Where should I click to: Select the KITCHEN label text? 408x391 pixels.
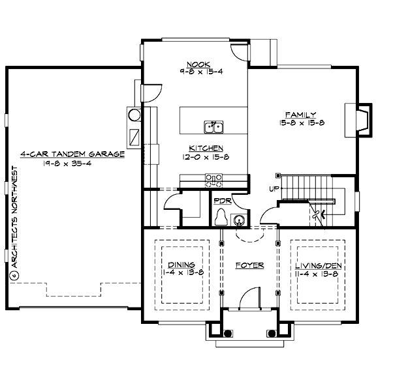(206, 148)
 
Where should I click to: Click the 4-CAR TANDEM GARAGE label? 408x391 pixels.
(72, 154)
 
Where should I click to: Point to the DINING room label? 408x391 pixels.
(181, 265)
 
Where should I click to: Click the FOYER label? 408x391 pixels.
(249, 265)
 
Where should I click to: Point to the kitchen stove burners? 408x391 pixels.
(214, 181)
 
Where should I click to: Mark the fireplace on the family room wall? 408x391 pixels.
(363, 119)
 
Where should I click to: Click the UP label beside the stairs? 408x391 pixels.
(274, 190)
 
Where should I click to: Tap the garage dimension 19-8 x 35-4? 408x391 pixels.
(72, 165)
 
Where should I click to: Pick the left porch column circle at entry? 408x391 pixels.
(228, 333)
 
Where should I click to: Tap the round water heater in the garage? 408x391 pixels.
(134, 115)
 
